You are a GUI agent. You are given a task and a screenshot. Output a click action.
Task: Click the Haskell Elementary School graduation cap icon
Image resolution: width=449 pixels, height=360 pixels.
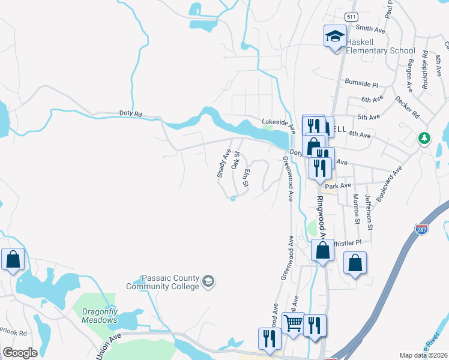tap(335, 37)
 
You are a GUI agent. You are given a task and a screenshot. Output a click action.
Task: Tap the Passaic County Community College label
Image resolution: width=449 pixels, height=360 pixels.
tap(169, 282)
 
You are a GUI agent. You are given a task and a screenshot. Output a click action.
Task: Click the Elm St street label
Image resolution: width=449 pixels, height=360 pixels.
tap(246, 176)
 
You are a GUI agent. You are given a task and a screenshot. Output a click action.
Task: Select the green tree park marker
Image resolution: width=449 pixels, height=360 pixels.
tap(424, 139)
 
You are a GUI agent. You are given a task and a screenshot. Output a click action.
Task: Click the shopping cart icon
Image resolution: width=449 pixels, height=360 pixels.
tap(293, 323)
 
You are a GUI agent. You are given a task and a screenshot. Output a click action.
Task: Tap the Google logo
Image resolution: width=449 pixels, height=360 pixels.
tap(19, 353)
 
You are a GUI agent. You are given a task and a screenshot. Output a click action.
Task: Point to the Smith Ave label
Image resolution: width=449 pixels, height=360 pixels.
tap(370, 28)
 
